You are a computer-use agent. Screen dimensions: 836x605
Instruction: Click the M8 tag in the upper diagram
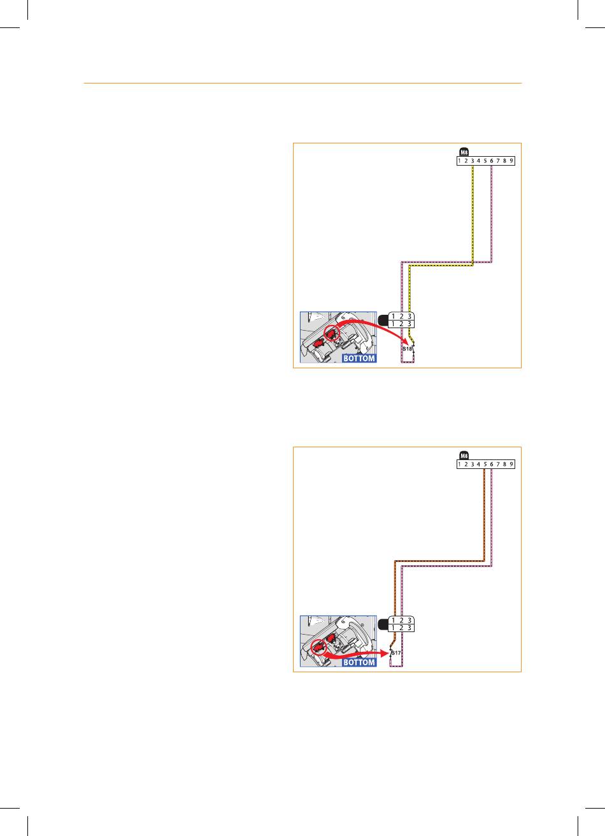click(x=464, y=152)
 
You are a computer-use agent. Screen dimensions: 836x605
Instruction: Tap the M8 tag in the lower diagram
click(x=464, y=456)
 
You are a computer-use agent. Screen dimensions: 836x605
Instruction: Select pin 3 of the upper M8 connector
click(x=473, y=161)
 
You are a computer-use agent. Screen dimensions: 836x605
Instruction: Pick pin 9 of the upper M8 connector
click(x=511, y=161)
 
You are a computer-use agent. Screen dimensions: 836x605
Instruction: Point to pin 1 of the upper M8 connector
click(x=459, y=161)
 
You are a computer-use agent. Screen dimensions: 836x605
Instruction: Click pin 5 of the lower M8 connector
click(x=485, y=465)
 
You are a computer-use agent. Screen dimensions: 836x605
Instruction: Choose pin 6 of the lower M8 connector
click(x=492, y=465)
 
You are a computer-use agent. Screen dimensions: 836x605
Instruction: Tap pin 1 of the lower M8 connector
click(x=459, y=465)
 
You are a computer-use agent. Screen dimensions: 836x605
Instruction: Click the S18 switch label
click(x=408, y=349)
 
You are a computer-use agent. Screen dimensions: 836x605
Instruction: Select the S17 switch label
click(x=395, y=653)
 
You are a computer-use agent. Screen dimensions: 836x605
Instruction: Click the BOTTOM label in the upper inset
click(x=359, y=358)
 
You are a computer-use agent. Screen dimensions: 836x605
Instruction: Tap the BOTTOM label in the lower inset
click(x=359, y=662)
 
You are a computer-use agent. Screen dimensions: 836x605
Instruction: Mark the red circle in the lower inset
click(x=317, y=648)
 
